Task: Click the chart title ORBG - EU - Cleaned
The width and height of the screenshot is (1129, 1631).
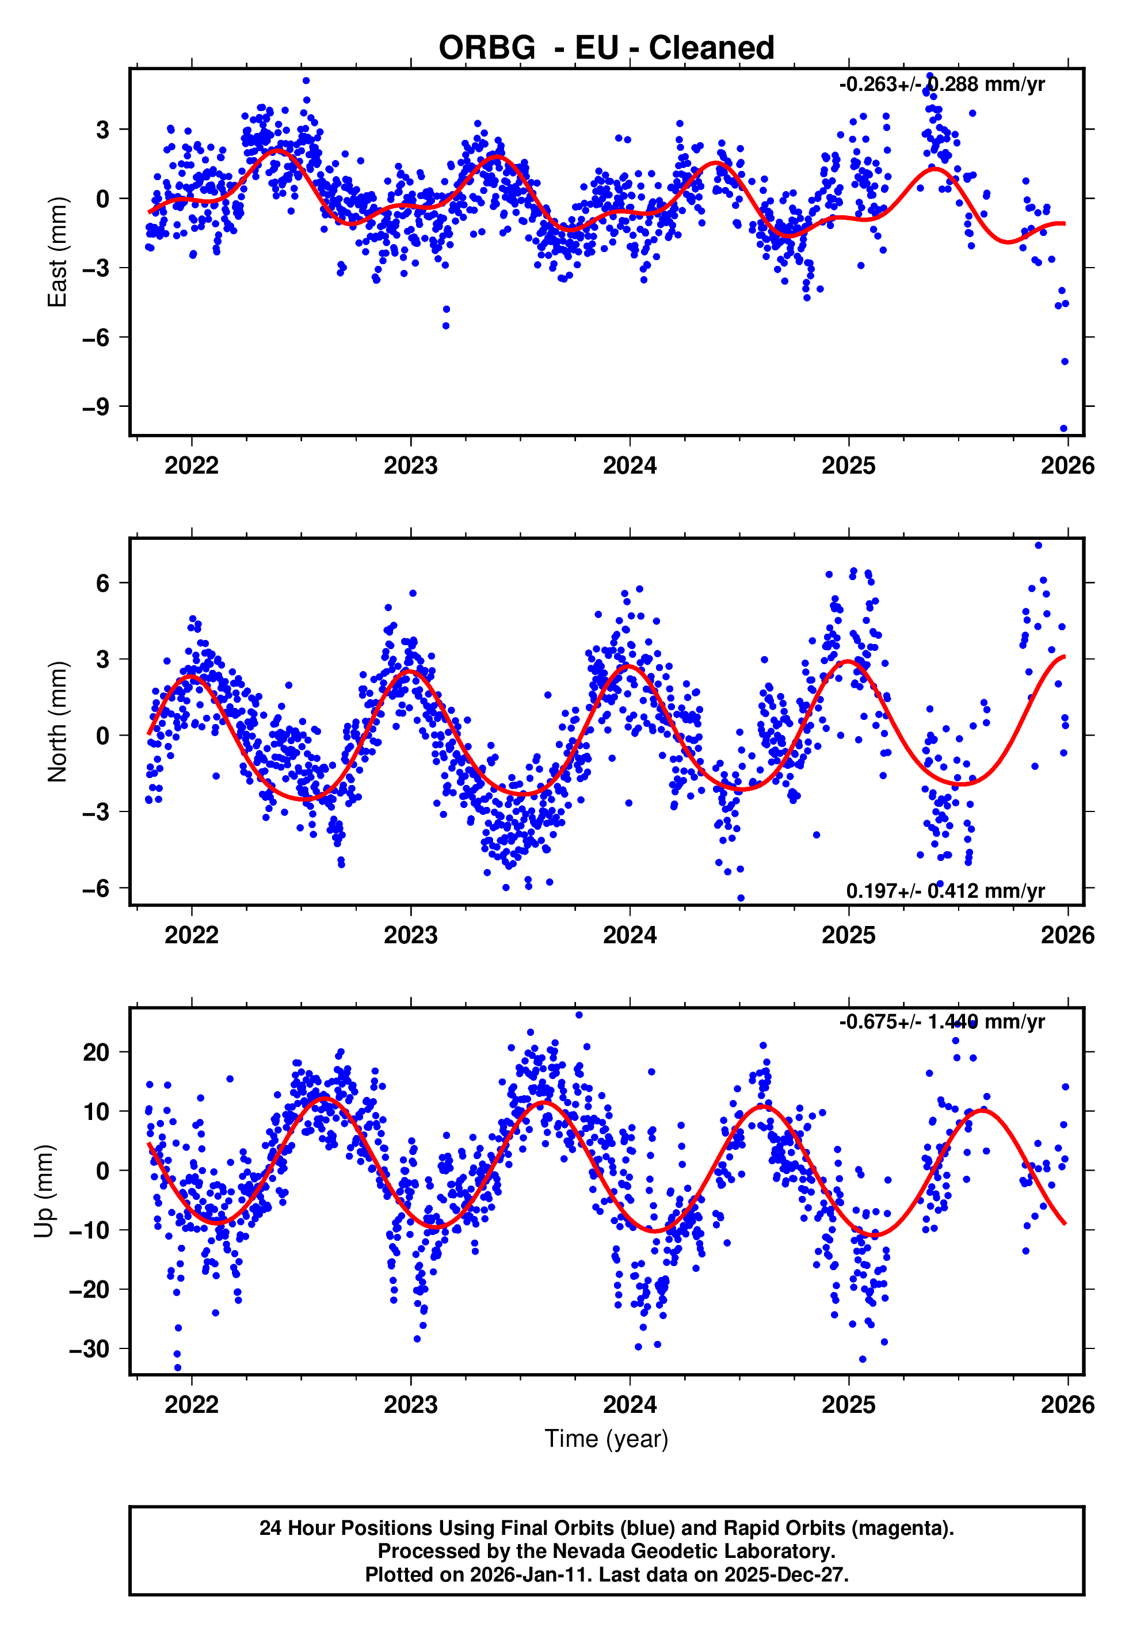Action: coord(607,48)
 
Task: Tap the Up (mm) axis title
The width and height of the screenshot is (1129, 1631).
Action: coord(44,1191)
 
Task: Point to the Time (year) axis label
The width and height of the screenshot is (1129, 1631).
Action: coord(607,1439)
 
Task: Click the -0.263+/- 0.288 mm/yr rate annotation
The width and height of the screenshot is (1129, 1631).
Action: coord(941,85)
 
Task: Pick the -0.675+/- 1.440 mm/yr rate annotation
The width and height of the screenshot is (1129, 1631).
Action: coord(941,1022)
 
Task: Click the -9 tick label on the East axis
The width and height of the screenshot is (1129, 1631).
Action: coord(96,407)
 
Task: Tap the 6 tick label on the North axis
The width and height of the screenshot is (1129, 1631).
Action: coord(103,583)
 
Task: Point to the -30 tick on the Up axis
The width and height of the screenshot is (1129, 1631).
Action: coord(89,1349)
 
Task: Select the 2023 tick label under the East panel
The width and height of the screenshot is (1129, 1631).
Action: coord(410,466)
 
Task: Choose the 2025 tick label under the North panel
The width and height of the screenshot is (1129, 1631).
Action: coord(848,936)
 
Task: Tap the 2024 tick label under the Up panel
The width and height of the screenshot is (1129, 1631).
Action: coord(630,1405)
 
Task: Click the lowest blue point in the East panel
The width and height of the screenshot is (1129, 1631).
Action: coord(1063,429)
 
